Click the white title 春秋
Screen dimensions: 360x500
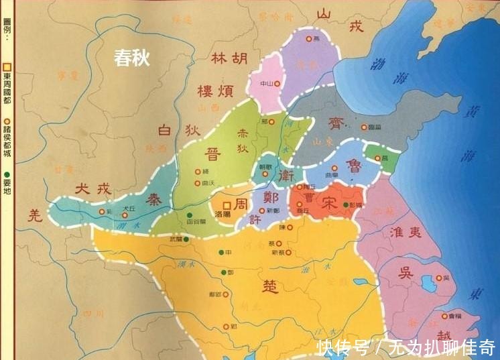click(x=131, y=58)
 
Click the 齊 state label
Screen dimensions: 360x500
click(x=335, y=123)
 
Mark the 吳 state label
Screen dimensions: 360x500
click(x=405, y=273)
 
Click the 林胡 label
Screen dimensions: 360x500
click(x=228, y=59)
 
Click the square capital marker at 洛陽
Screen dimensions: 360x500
click(x=227, y=204)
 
